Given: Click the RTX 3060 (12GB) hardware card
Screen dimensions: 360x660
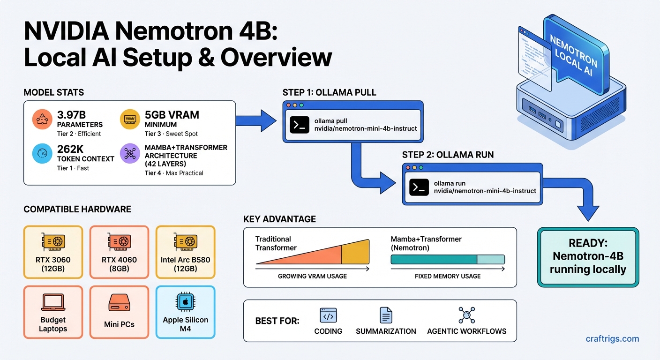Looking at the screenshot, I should [53, 252].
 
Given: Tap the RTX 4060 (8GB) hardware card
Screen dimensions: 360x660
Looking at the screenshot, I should [119, 252].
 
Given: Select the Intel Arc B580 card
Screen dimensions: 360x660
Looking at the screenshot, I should [185, 252].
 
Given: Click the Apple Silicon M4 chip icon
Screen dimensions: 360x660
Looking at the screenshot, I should [185, 302].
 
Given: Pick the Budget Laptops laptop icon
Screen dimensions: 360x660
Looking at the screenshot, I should [53, 302].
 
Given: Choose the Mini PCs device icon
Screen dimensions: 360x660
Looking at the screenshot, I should [119, 302].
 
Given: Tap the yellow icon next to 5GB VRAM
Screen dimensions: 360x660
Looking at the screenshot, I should [130, 119].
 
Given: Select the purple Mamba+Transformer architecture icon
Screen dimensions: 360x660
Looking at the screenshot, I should [130, 154].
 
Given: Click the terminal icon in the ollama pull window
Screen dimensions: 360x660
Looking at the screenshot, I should [299, 124].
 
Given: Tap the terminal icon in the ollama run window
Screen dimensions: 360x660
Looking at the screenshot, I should [419, 187].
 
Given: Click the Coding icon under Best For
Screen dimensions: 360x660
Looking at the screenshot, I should [328, 315].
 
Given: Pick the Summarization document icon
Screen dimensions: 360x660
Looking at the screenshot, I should [386, 315].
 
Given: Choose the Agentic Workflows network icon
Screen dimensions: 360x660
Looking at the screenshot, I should [466, 315].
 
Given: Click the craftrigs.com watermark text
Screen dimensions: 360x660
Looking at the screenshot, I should [612, 338].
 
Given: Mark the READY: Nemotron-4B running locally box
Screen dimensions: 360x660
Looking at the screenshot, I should [588, 257].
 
